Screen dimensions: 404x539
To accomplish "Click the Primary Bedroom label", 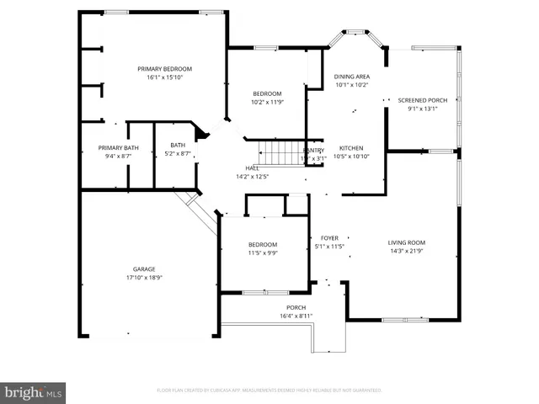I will [165, 68].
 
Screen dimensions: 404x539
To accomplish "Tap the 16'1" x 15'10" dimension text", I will [165, 77].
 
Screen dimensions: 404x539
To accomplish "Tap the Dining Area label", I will [352, 76].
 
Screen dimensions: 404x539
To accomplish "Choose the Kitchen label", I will [351, 148].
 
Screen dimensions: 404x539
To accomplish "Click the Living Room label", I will [407, 243].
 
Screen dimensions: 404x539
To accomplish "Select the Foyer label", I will [328, 238].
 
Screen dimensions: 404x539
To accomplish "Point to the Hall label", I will [252, 168].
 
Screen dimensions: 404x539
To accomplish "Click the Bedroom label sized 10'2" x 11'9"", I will [268, 93].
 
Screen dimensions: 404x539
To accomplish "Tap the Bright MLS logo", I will [34, 391].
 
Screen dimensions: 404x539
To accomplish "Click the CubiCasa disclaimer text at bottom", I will [269, 391].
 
